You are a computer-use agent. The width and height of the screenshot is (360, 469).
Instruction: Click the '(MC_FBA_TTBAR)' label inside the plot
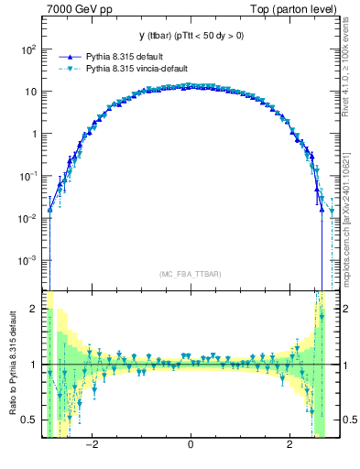(x=190, y=274)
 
